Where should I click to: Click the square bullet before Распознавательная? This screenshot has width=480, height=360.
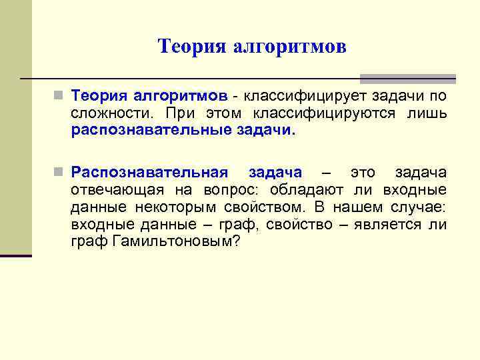point(59,173)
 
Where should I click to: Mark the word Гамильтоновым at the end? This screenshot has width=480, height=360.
point(170,241)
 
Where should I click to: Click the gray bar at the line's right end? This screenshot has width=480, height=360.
point(407,78)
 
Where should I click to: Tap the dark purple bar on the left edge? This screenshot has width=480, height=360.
point(15,255)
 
